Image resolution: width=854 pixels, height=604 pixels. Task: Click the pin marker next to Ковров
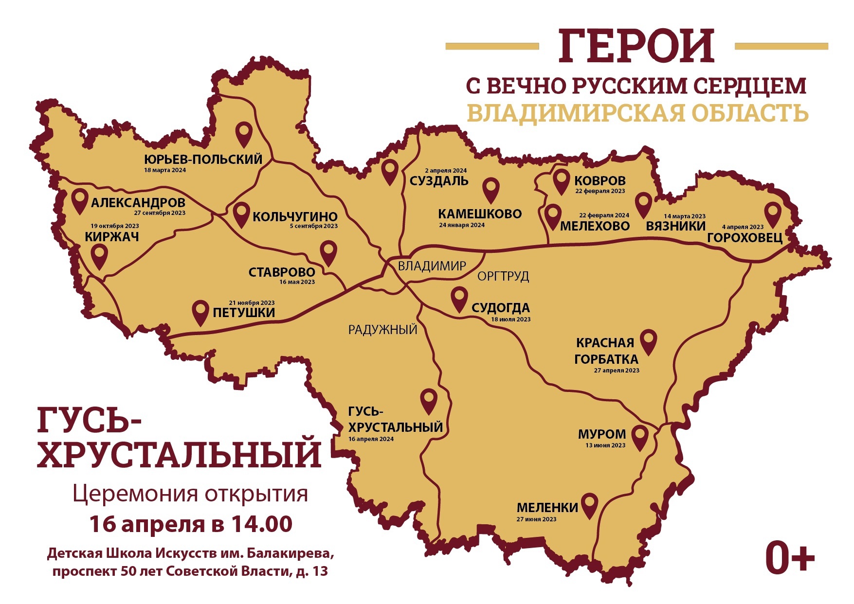(562, 181)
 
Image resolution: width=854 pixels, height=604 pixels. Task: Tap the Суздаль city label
(439, 181)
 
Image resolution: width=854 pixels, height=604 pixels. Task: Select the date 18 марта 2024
(165, 170)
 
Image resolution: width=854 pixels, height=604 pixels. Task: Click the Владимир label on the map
(432, 266)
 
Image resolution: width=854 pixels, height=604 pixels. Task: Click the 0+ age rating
(789, 558)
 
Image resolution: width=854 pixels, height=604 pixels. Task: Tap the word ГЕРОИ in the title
(636, 46)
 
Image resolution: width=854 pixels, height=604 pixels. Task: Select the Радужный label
(383, 330)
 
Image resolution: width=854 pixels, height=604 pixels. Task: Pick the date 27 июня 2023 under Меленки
(536, 519)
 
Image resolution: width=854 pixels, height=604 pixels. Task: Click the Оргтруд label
(503, 276)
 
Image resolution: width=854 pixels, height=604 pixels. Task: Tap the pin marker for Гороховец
(772, 214)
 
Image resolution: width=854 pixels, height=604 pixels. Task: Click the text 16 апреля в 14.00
(191, 524)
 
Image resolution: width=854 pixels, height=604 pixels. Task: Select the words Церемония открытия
(190, 494)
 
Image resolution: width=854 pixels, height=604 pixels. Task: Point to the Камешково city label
(479, 214)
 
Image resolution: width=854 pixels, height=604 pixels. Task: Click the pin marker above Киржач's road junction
(99, 255)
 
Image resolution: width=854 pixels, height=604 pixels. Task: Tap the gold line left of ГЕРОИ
(492, 46)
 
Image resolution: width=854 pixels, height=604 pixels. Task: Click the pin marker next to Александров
(79, 200)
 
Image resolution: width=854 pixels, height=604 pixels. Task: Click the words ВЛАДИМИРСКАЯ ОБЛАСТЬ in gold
(637, 113)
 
